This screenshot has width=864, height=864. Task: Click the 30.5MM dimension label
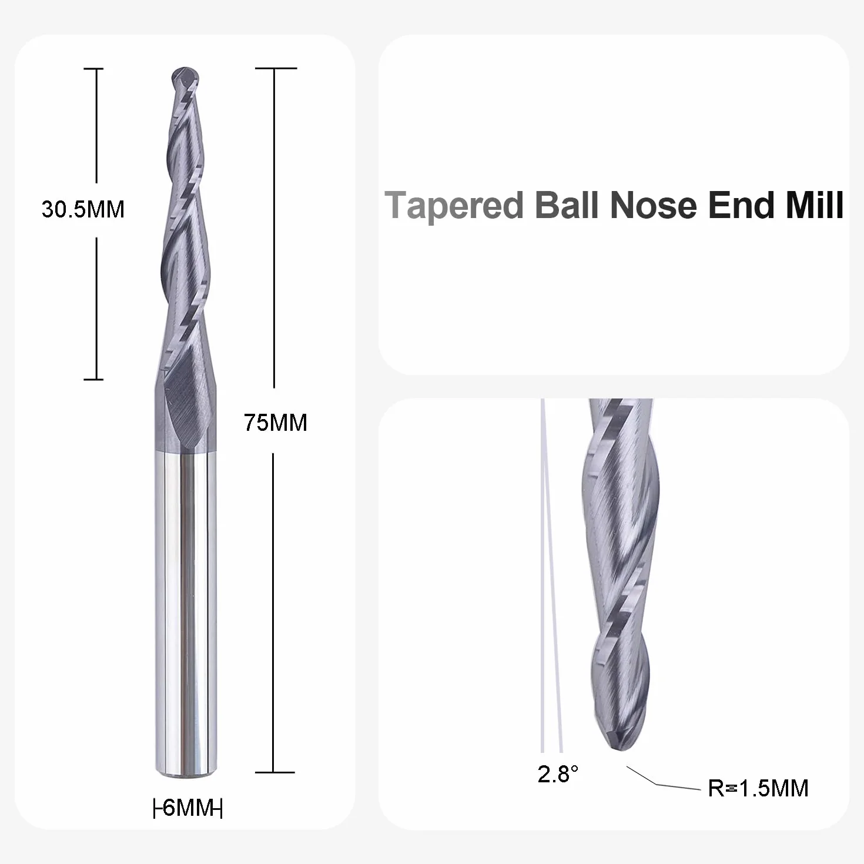coord(83,209)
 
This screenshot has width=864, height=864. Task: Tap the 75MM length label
coord(275,423)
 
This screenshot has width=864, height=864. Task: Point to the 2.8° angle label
coord(558,774)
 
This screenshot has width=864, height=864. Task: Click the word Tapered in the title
coord(454,206)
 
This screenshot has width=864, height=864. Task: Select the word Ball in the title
coord(567,205)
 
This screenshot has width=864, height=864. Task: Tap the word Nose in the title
coord(653,206)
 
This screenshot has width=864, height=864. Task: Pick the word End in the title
coord(741,205)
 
